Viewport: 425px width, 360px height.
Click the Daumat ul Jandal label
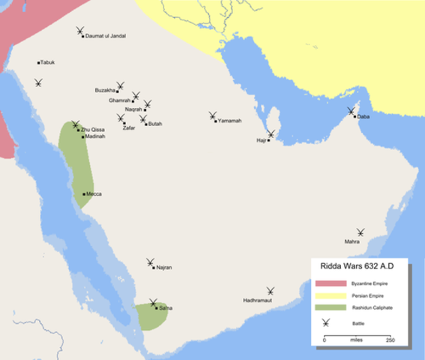(x=106, y=36)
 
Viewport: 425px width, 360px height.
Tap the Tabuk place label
(x=48, y=62)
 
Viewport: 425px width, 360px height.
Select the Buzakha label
(x=105, y=91)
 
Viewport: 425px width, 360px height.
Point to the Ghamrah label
(x=120, y=100)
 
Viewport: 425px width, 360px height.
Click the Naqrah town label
(x=134, y=109)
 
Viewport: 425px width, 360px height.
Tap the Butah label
(x=154, y=124)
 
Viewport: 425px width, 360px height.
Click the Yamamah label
(x=230, y=121)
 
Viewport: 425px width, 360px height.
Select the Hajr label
(x=261, y=140)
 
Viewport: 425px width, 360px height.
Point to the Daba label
(x=364, y=117)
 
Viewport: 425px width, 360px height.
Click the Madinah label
(x=95, y=137)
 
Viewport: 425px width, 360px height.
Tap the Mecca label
(x=94, y=194)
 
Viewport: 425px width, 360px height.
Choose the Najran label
(x=164, y=268)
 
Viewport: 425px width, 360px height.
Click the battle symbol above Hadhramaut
(x=270, y=291)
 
